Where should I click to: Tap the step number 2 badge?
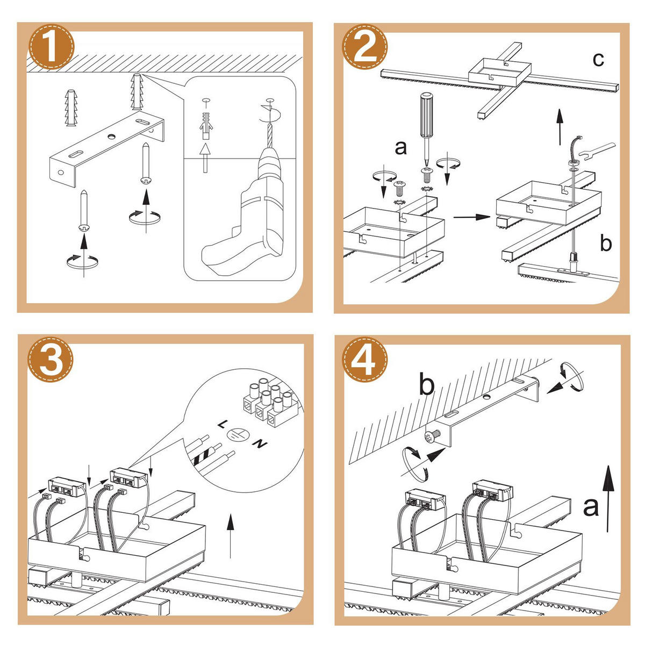click(367, 47)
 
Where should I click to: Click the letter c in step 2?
click(598, 59)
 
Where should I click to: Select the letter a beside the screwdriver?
click(401, 147)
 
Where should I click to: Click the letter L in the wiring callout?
click(222, 424)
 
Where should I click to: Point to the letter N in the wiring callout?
click(260, 444)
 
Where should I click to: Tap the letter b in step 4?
click(426, 385)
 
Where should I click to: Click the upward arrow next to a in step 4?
click(607, 497)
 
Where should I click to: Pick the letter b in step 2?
click(606, 243)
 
